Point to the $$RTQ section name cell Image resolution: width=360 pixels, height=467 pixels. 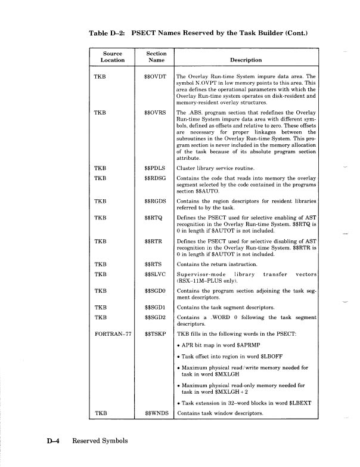point(154,218)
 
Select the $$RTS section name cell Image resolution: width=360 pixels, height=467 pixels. point(153,264)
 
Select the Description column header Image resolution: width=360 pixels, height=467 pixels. point(246,60)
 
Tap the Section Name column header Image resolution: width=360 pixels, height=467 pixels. point(156,57)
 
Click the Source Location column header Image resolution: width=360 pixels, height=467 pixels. point(112,57)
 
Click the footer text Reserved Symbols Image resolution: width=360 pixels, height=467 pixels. point(100,441)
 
